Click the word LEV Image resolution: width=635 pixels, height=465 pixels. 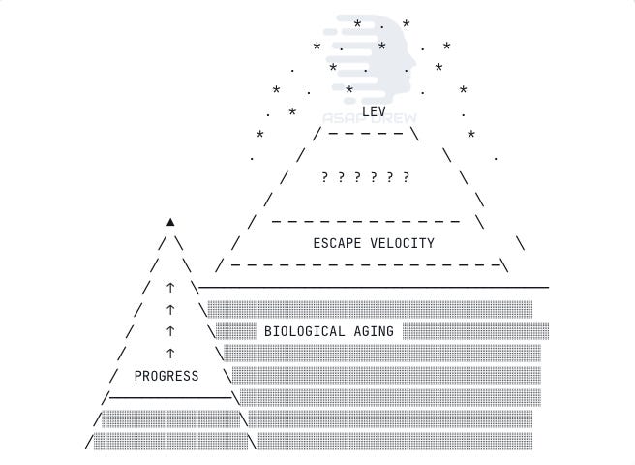pos(374,112)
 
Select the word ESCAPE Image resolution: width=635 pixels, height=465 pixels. pos(337,243)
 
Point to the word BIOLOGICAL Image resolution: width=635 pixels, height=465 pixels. pos(305,331)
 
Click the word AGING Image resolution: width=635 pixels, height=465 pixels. pos(374,331)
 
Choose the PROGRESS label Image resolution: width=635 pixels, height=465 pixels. pos(166,376)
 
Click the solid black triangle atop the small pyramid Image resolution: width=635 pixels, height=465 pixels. pos(170,222)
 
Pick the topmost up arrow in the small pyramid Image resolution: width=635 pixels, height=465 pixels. pos(170,288)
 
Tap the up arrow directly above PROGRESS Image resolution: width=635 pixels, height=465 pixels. pos(170,354)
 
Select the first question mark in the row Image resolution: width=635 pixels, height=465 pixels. pos(325,177)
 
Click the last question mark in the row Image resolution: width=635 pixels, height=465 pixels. pos(406,177)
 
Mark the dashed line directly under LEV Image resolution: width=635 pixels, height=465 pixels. pos(365,134)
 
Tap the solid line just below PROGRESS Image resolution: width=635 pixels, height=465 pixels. pos(170,397)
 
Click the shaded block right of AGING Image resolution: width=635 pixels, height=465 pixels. pos(474,331)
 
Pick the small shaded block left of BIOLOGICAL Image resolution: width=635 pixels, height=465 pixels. pos(235,331)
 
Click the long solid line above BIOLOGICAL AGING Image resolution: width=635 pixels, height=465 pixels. pos(374,288)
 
